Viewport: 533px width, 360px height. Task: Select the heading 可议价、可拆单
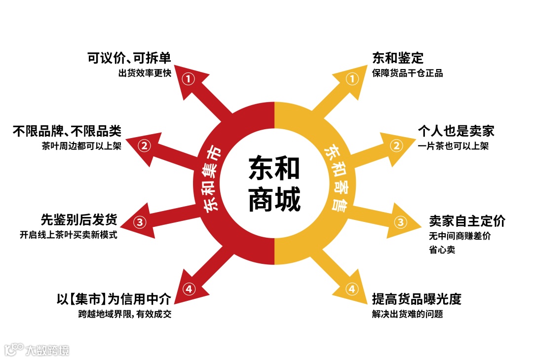(x=129, y=59)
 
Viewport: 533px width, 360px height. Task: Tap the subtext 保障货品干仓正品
(x=407, y=73)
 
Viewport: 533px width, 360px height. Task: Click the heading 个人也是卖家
(x=456, y=131)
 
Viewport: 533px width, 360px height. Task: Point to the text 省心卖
(x=442, y=250)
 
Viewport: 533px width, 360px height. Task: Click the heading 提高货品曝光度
(x=417, y=299)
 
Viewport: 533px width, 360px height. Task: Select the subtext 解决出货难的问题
(x=407, y=314)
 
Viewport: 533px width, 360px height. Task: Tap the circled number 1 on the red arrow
(x=189, y=78)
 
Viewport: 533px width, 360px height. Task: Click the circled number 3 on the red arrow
(x=140, y=222)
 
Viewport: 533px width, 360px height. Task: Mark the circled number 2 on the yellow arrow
(x=396, y=145)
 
